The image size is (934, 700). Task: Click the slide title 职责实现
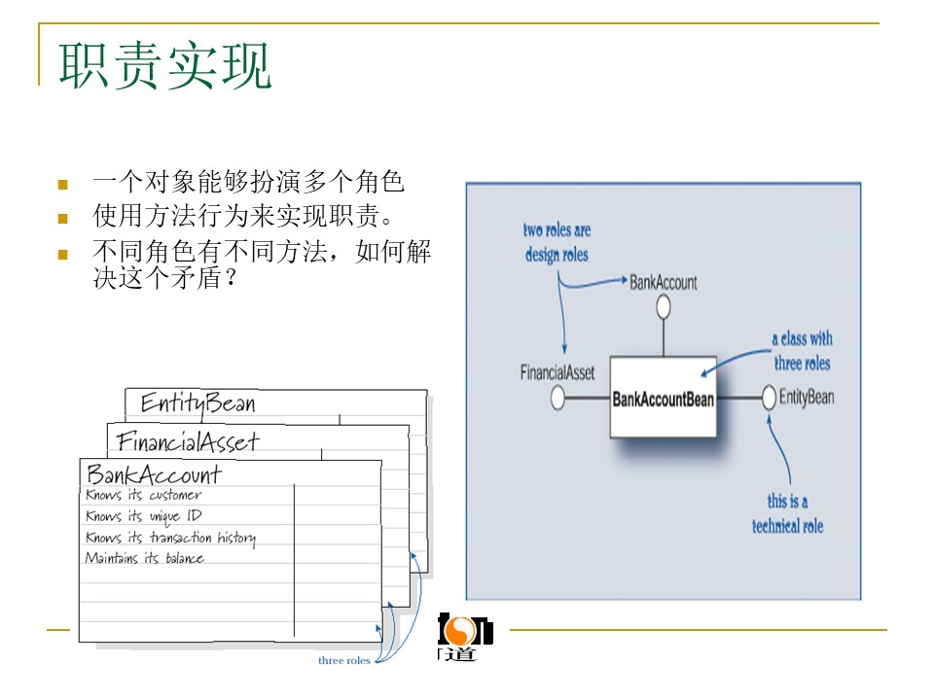coord(165,66)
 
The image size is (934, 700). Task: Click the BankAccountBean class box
coord(663,398)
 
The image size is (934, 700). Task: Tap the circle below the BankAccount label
coord(664,308)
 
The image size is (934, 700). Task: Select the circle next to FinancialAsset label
coord(557,398)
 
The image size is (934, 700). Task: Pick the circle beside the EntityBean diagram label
coord(769,398)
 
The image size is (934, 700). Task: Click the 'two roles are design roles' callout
coord(557,243)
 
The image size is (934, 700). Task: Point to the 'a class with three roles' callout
coord(803,351)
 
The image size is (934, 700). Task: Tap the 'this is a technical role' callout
coord(787,513)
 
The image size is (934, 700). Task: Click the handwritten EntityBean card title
coord(198,403)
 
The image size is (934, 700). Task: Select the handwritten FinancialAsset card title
coord(188,442)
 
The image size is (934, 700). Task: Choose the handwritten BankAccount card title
coord(154,474)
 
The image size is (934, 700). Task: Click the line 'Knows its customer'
coord(143,495)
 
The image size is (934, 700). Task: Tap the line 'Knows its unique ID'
coord(143,516)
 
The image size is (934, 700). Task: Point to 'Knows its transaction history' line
coord(170,538)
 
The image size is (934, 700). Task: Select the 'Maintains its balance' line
coord(144,558)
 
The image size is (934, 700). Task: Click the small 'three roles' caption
coord(344,661)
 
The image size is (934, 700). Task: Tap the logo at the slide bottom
coord(462,638)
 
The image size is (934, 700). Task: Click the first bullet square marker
coord(63,184)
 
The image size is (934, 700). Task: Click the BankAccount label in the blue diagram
coord(664,282)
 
